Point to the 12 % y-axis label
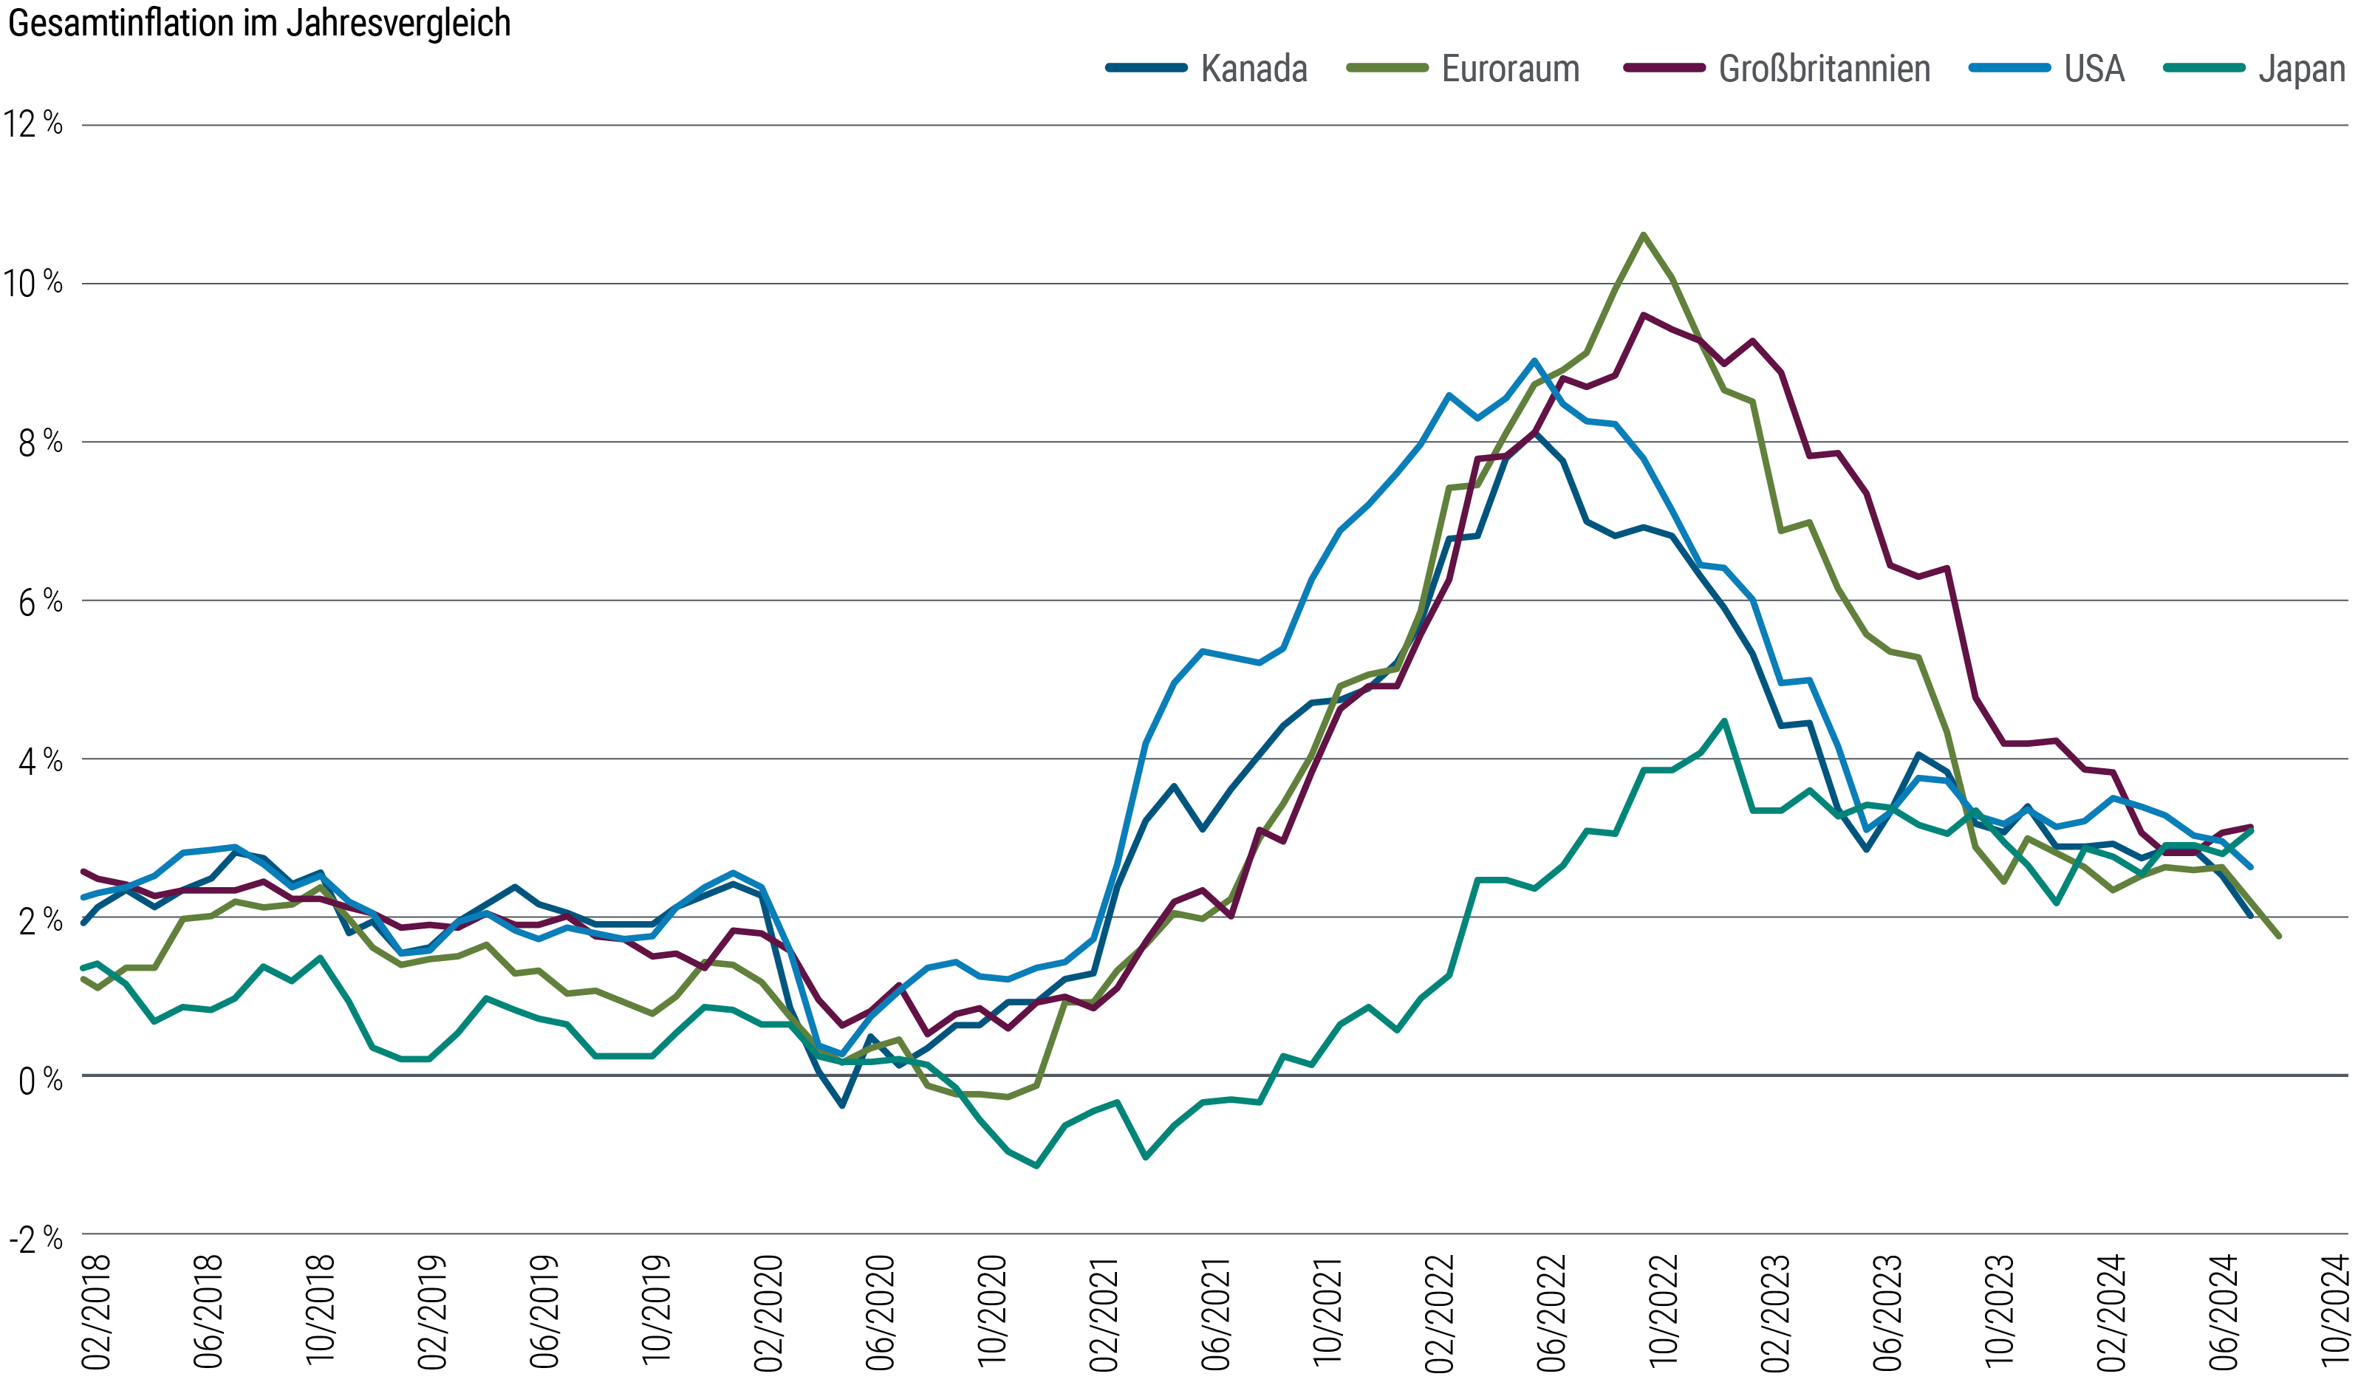34,123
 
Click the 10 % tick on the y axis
34,283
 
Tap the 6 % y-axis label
40,601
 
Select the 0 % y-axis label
40,1080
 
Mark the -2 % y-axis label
36,1239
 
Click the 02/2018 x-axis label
96,1312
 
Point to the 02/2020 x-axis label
768,1312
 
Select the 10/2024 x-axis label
2336,1312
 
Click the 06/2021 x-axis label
1215,1312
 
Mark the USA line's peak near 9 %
1534,360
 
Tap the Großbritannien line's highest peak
1644,315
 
